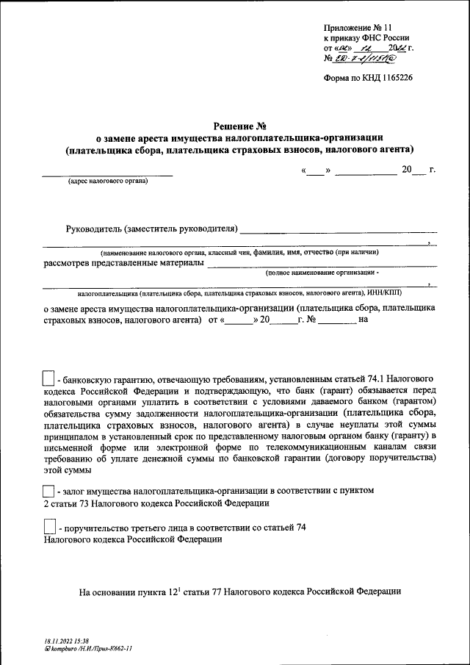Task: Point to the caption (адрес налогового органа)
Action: coord(107,181)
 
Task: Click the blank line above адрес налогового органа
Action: coord(107,175)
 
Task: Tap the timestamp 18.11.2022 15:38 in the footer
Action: coord(66,641)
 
